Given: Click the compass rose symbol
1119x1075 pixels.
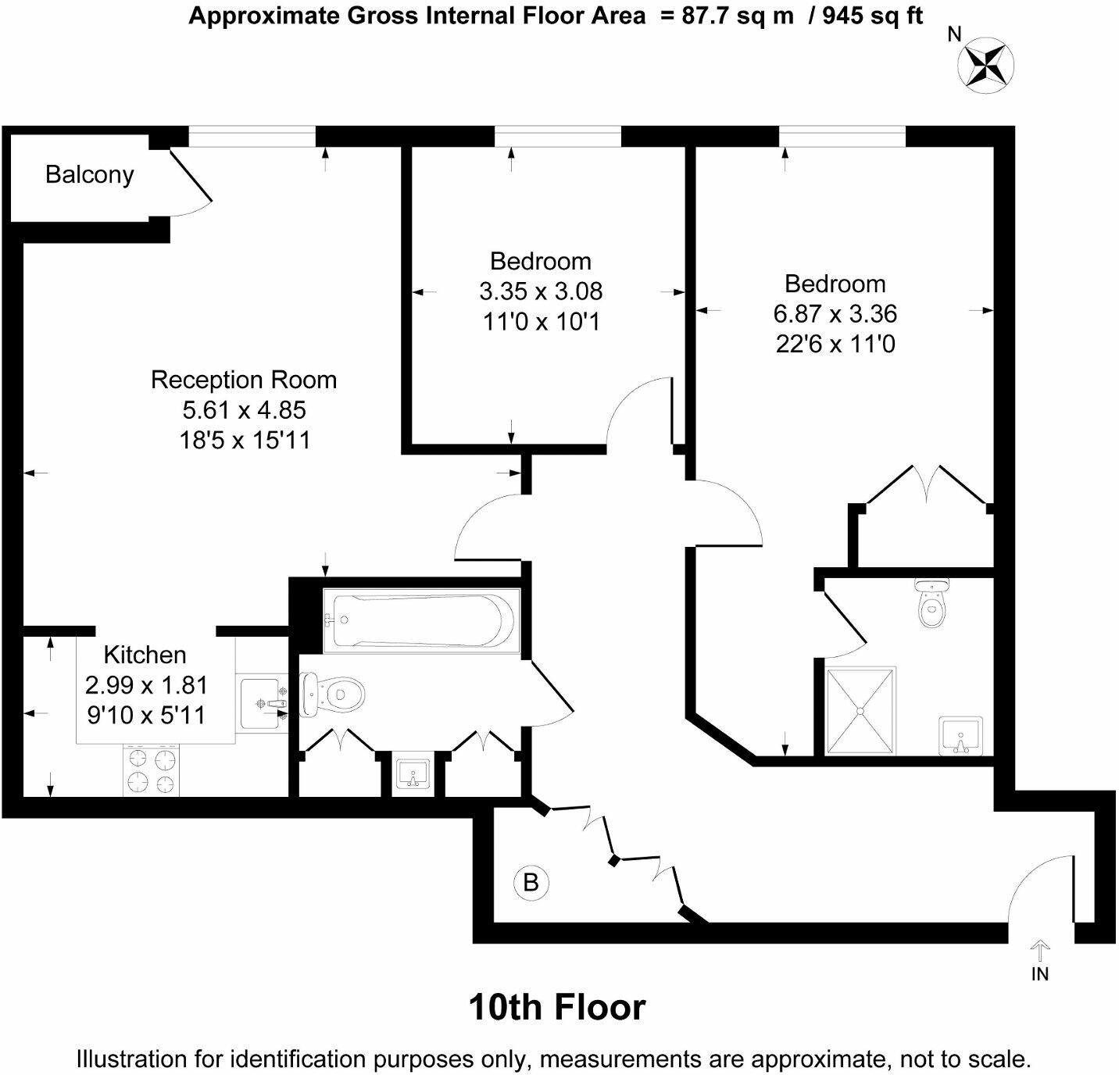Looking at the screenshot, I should click(985, 64).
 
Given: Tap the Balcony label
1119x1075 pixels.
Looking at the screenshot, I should click(89, 174).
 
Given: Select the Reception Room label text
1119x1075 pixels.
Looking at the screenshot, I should click(244, 380).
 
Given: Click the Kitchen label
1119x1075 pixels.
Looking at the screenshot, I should click(145, 655).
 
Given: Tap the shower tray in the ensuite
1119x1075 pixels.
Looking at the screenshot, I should click(860, 711).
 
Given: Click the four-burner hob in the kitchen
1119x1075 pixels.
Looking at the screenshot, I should click(151, 770).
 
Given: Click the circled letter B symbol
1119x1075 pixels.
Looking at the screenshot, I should click(531, 883).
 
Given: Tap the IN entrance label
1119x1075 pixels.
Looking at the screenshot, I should click(1039, 974).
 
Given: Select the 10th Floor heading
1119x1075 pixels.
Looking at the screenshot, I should click(556, 1008).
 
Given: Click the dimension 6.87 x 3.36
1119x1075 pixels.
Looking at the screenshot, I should click(835, 314).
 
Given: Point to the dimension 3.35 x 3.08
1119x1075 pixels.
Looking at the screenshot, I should click(541, 291).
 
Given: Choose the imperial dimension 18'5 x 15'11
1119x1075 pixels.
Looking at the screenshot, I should click(245, 441).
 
